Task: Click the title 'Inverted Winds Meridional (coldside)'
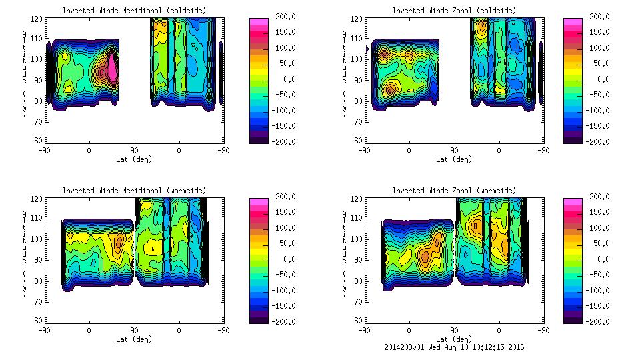134,11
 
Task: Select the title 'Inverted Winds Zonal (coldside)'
454,11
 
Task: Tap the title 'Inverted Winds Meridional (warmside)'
134,191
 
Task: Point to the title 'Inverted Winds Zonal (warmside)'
454,191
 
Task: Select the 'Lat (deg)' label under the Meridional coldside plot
134,159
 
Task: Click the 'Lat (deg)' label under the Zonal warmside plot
454,339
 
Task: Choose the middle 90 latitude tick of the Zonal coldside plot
454,150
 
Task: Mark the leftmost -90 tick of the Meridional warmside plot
44,330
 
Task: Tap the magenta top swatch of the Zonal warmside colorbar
572,201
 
